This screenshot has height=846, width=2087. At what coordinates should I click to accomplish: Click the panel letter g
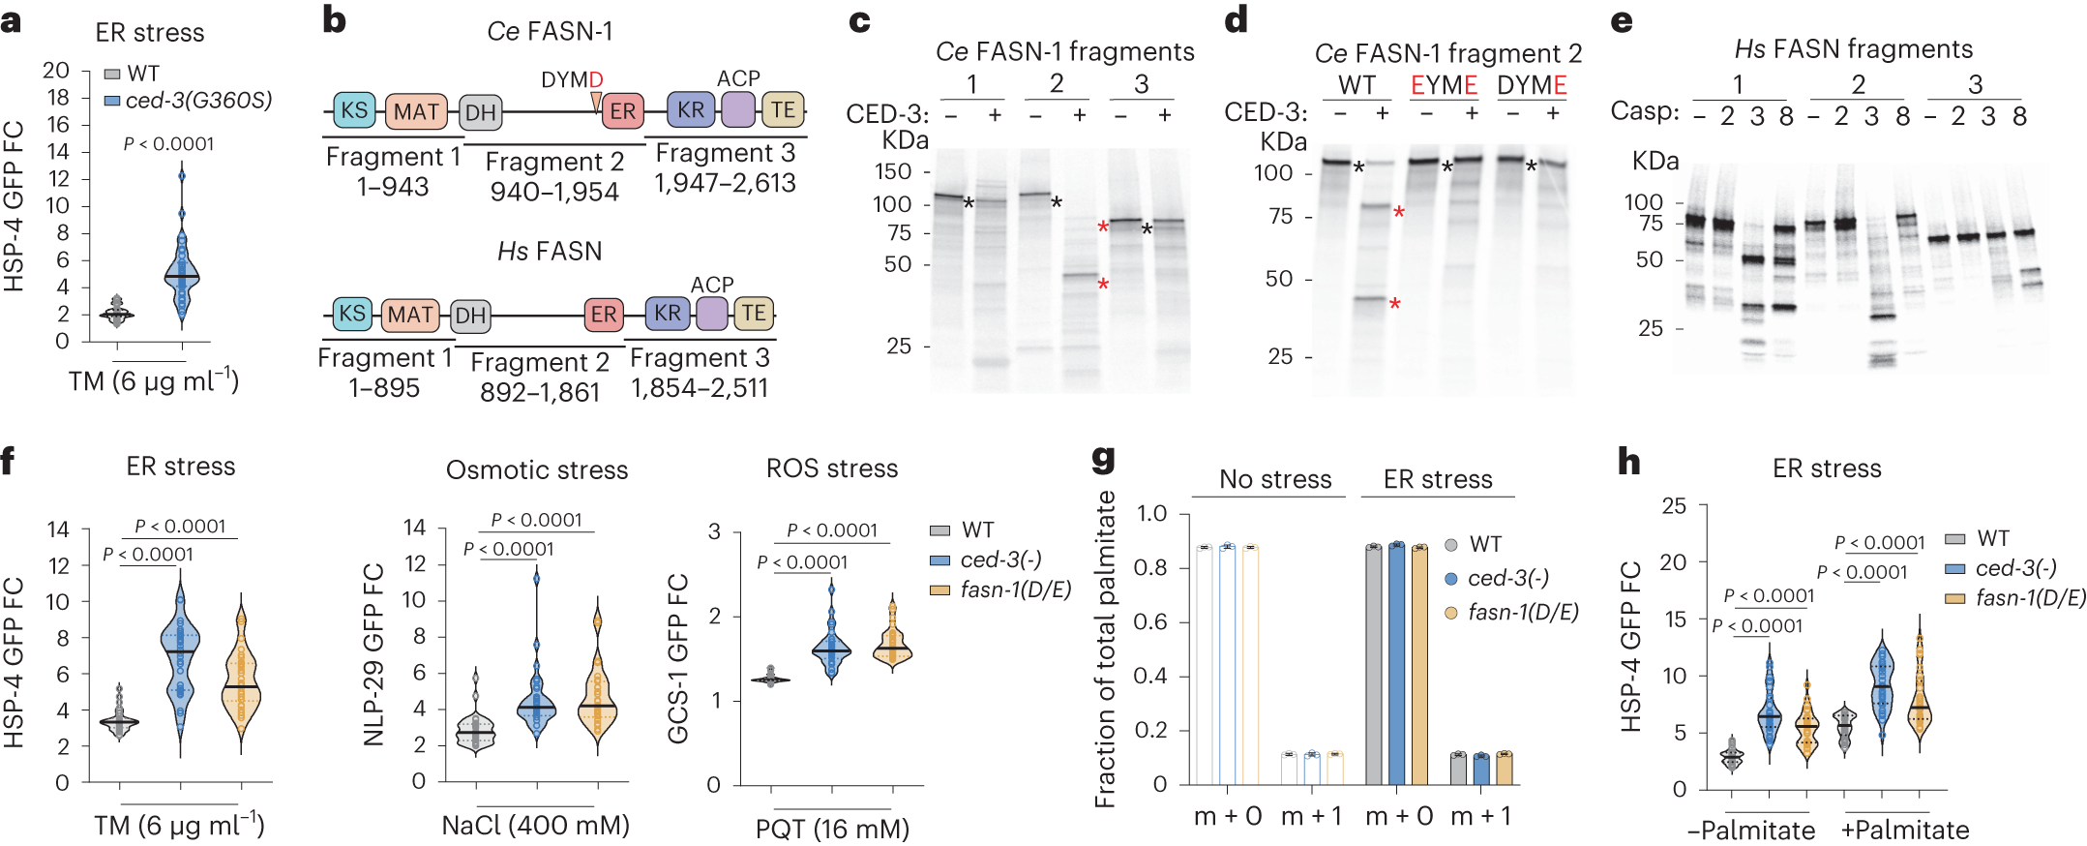[x=1103, y=459]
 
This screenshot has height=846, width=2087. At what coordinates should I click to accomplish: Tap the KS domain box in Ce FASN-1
[x=354, y=110]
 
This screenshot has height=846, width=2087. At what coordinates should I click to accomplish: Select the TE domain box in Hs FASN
[x=753, y=314]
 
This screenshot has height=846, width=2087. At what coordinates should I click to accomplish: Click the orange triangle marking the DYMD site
[x=596, y=101]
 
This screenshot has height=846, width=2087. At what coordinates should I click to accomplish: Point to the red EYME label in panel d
[x=1443, y=85]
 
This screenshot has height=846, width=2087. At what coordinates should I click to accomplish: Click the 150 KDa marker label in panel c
[x=893, y=171]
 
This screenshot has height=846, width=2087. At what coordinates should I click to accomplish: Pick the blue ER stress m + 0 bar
[x=1396, y=664]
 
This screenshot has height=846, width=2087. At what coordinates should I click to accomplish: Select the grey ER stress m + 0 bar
[x=1373, y=664]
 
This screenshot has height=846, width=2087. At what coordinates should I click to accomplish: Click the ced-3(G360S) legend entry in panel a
[x=198, y=100]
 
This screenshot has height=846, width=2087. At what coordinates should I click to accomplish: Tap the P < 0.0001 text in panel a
[x=168, y=144]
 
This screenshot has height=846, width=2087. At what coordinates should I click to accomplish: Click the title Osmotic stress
[x=536, y=470]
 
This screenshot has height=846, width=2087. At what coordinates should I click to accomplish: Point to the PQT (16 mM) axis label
[x=832, y=830]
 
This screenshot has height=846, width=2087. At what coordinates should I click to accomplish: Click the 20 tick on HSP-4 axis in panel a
[x=57, y=70]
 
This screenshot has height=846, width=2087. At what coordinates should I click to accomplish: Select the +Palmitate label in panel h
[x=1904, y=830]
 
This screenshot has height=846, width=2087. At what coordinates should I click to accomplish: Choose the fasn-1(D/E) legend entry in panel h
[x=2030, y=598]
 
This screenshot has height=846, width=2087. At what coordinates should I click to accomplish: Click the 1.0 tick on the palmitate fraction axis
[x=1150, y=513]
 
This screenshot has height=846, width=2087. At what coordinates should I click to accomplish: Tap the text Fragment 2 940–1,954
[x=553, y=176]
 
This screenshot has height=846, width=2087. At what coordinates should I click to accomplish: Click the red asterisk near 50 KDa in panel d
[x=1394, y=305]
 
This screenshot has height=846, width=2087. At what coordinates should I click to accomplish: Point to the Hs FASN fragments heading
[x=1852, y=49]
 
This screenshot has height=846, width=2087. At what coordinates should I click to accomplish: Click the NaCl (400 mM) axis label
[x=535, y=826]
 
